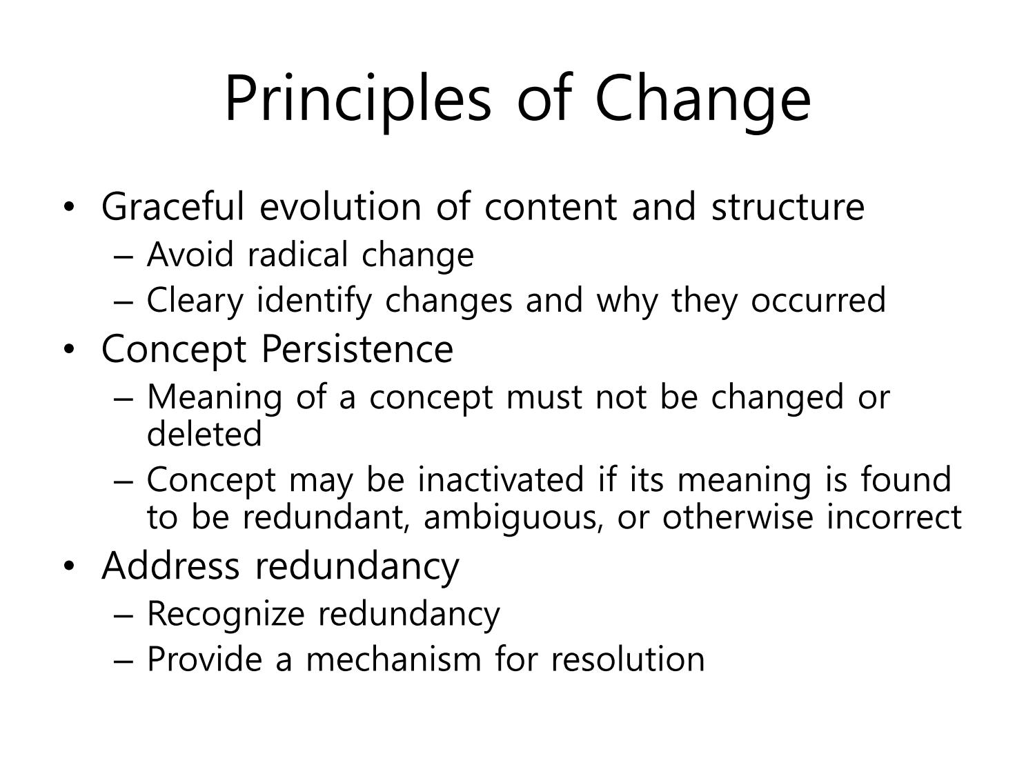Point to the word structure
(x=788, y=208)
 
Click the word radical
(x=298, y=255)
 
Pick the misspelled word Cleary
(x=195, y=301)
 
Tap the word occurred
(x=818, y=300)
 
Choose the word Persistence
(x=357, y=349)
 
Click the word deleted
(x=204, y=433)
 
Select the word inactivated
(x=501, y=479)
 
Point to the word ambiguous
(x=513, y=518)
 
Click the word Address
(x=170, y=566)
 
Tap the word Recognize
(x=226, y=615)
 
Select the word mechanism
(x=394, y=659)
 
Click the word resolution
(x=628, y=659)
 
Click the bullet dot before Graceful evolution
(x=69, y=208)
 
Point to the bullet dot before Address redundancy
(x=69, y=566)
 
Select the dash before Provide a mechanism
(x=124, y=662)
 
